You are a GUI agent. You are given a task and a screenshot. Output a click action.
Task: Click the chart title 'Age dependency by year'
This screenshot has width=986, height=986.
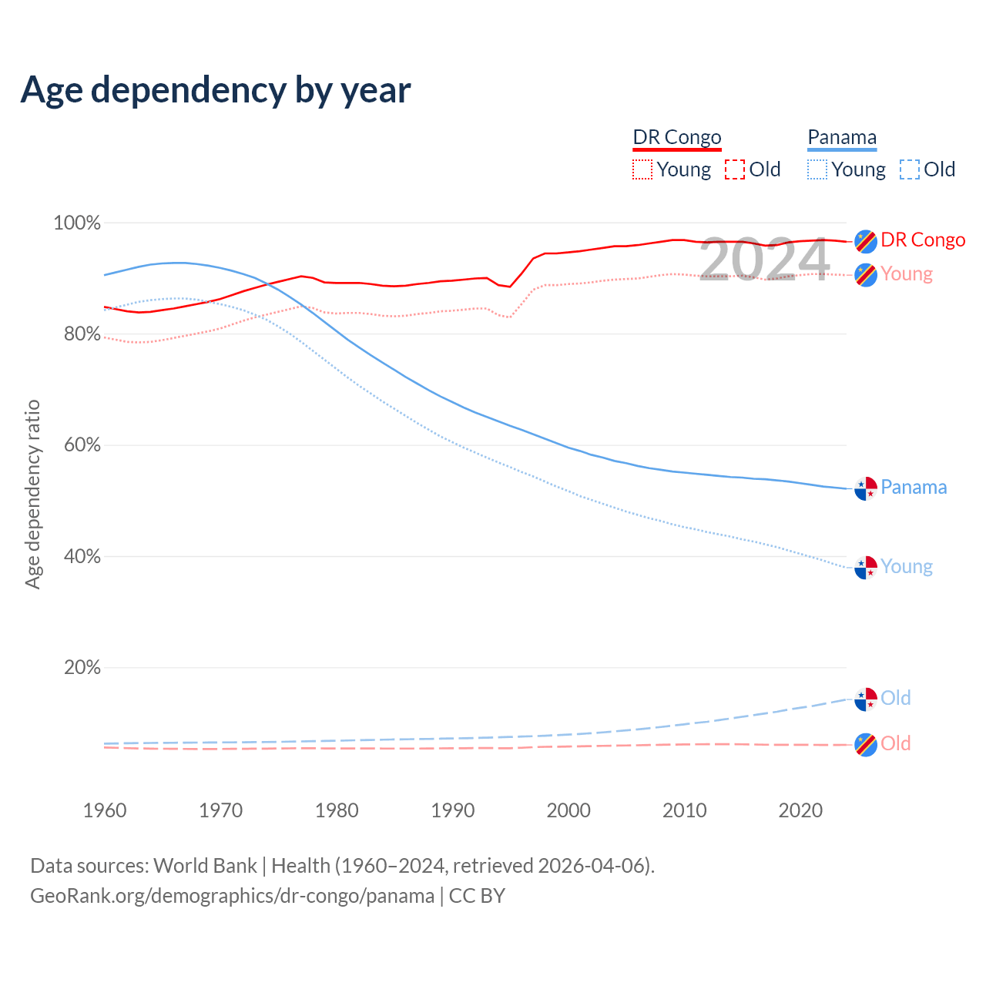pyautogui.click(x=216, y=89)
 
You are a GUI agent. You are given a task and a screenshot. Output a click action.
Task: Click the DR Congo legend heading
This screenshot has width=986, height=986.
pyautogui.click(x=677, y=137)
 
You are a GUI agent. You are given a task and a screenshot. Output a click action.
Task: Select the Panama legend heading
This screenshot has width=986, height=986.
pyautogui.click(x=842, y=137)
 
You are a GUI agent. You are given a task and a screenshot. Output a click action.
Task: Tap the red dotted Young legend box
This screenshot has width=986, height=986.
pyautogui.click(x=642, y=169)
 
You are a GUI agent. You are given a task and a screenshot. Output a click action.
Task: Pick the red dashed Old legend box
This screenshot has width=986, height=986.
pyautogui.click(x=735, y=169)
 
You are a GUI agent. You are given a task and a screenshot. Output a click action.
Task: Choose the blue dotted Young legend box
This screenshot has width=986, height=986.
pyautogui.click(x=817, y=169)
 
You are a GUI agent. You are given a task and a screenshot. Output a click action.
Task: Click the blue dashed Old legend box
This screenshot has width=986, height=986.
pyautogui.click(x=910, y=169)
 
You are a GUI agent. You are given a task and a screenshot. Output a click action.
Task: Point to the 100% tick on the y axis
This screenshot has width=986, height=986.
pyautogui.click(x=77, y=223)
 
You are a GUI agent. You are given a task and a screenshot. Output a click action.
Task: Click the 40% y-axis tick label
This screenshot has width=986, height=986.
pyautogui.click(x=82, y=556)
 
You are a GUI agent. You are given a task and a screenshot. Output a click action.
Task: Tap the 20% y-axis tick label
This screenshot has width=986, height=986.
pyautogui.click(x=82, y=667)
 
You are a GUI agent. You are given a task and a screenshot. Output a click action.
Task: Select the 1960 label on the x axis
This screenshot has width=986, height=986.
pyautogui.click(x=105, y=810)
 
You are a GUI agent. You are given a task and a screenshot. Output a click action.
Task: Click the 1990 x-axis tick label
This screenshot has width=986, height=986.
pyautogui.click(x=453, y=810)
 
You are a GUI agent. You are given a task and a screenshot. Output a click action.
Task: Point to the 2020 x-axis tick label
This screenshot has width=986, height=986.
pyautogui.click(x=800, y=810)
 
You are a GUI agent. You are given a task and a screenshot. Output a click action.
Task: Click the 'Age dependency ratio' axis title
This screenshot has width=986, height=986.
pyautogui.click(x=32, y=494)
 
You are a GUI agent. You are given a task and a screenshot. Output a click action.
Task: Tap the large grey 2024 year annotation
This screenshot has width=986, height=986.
pyautogui.click(x=764, y=260)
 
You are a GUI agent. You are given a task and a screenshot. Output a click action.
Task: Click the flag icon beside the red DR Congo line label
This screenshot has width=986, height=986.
pyautogui.click(x=866, y=241)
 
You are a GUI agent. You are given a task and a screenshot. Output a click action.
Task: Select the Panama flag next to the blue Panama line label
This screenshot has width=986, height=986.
pyautogui.click(x=866, y=488)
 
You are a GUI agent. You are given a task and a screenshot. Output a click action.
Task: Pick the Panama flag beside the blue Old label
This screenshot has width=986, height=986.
pyautogui.click(x=866, y=699)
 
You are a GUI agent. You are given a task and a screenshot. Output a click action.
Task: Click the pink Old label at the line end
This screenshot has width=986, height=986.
pyautogui.click(x=896, y=743)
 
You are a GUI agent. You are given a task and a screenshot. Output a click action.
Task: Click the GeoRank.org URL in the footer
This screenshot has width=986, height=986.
pyautogui.click(x=232, y=896)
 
